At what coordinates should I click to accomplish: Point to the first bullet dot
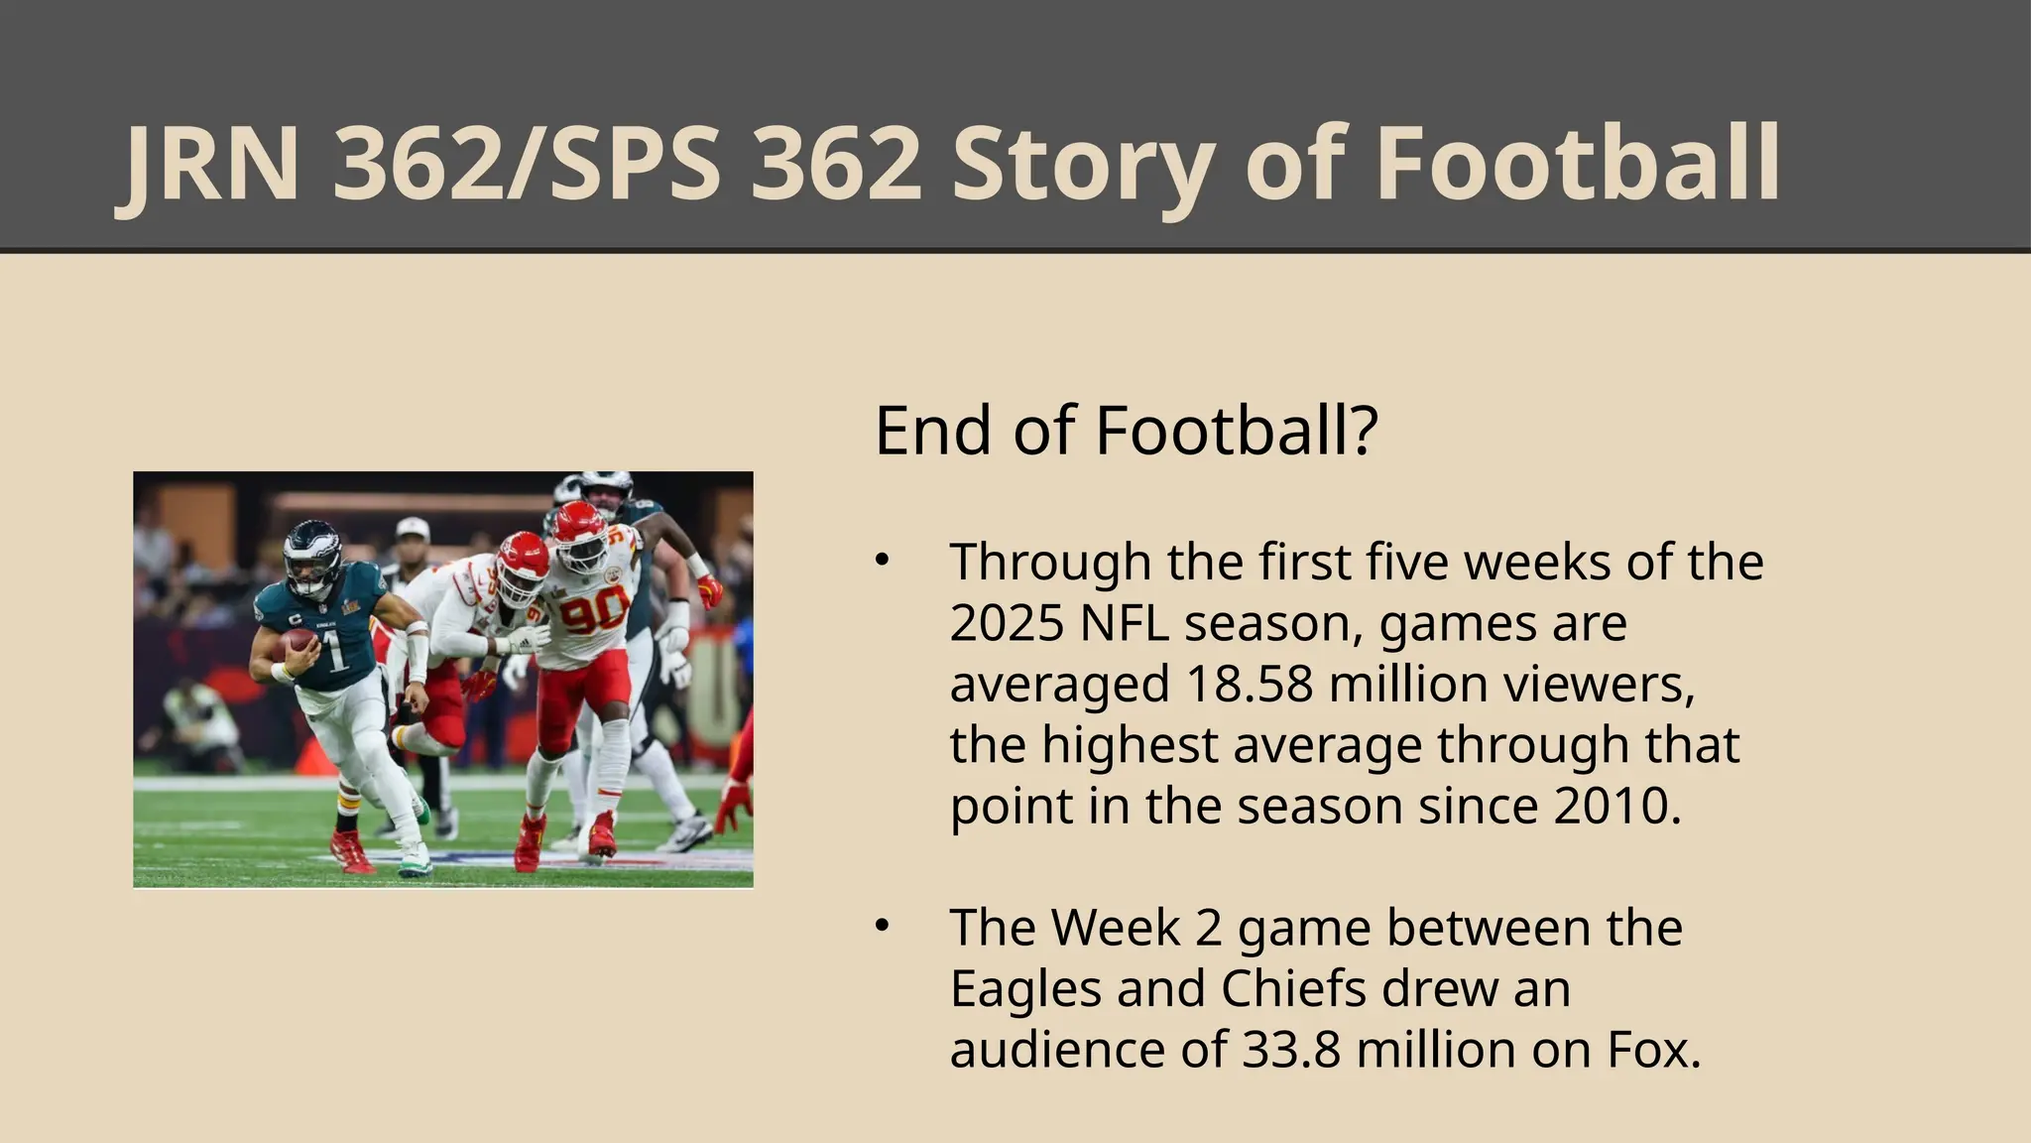point(882,561)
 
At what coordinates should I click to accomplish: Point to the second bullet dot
point(882,926)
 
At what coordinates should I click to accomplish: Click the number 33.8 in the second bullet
point(1290,1049)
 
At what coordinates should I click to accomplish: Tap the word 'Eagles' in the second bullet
point(1025,988)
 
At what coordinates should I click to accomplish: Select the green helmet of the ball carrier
point(311,554)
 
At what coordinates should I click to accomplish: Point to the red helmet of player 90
point(577,531)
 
